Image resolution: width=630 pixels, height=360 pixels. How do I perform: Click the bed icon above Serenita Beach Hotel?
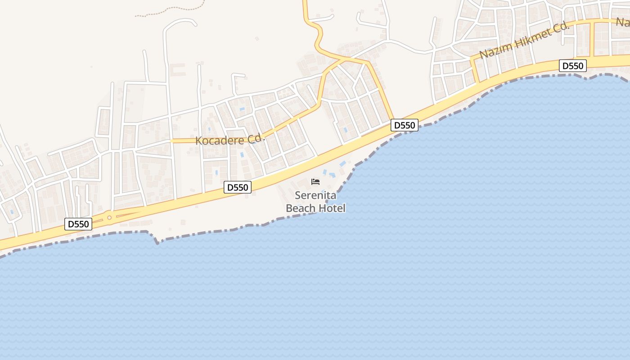click(x=315, y=182)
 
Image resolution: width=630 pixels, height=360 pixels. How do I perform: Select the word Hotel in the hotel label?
click(x=332, y=208)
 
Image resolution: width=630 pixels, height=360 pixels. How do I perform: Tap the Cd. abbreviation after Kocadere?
click(x=257, y=138)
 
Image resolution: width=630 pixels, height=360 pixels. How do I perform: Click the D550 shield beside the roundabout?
click(x=78, y=224)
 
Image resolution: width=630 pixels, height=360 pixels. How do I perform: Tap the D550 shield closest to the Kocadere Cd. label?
click(x=237, y=187)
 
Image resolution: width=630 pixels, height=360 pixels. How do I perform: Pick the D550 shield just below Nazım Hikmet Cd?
click(x=573, y=66)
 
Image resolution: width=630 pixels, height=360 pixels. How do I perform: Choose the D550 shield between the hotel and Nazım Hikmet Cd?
click(x=404, y=125)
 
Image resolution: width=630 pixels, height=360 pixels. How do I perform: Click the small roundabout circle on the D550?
click(x=109, y=218)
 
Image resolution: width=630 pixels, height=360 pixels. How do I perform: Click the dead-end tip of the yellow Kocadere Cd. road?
click(x=172, y=141)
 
